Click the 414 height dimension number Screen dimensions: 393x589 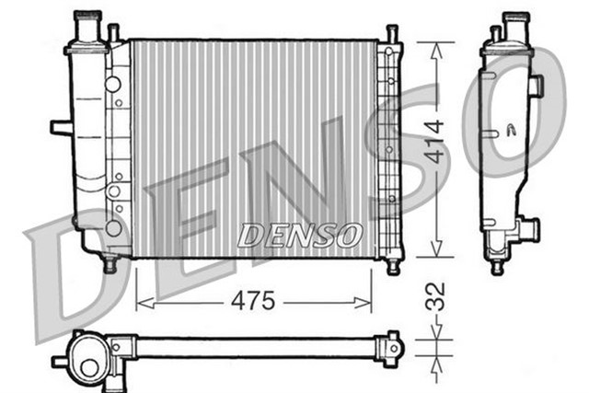click(x=435, y=142)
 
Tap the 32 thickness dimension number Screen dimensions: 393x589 click(x=438, y=296)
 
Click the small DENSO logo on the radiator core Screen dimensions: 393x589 click(x=300, y=236)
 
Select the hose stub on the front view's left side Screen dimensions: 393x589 click(x=61, y=127)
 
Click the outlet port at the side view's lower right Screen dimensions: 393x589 click(x=529, y=227)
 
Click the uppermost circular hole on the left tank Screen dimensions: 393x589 click(x=112, y=84)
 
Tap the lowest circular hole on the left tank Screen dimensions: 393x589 click(x=113, y=227)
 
